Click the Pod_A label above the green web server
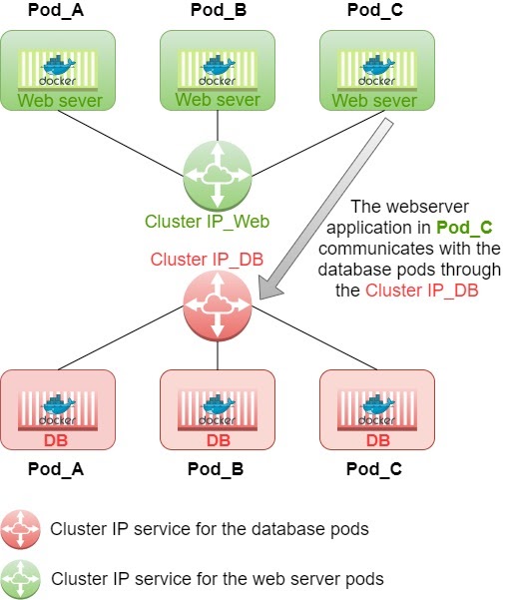pos(57,11)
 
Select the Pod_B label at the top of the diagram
pos(217,11)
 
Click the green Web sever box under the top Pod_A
pos(57,70)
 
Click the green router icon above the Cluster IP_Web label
pos(217,176)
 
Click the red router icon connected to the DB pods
pos(217,305)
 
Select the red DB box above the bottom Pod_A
pos(57,410)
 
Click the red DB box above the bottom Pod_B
pos(217,410)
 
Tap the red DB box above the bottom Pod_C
pos(377,410)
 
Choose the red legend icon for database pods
pos(21,528)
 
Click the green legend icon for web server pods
pos(21,577)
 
